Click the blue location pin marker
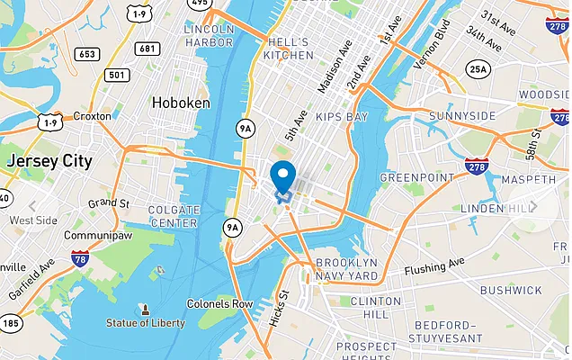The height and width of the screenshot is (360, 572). click(283, 175)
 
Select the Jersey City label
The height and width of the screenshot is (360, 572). click(49, 161)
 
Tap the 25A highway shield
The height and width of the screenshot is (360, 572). click(478, 68)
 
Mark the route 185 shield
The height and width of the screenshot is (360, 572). click(10, 321)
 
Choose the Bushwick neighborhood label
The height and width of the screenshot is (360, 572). click(510, 291)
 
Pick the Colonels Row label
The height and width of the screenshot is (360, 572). click(219, 303)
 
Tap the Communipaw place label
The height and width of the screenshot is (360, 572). click(94, 235)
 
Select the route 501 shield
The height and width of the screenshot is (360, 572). click(117, 74)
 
